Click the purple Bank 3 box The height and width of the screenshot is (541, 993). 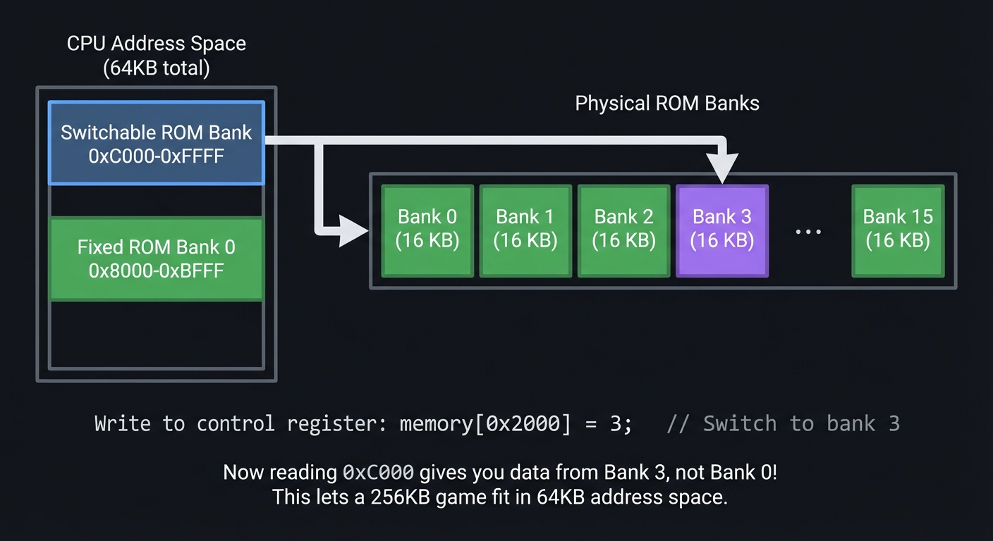coord(722,230)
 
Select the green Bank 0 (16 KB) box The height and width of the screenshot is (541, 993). coord(427,230)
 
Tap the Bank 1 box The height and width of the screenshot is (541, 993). coord(525,230)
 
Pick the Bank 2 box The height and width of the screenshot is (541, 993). coord(623,230)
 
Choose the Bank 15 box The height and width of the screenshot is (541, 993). coord(897,230)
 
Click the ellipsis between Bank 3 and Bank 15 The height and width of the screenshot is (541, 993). coord(808,232)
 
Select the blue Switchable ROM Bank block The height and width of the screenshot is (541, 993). coord(156,143)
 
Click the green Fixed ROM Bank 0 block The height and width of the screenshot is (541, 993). coord(156,259)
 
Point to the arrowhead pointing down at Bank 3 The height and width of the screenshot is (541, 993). coord(723,171)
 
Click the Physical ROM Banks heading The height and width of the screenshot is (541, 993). coord(667,104)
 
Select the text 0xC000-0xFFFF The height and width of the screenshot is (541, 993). coord(156,156)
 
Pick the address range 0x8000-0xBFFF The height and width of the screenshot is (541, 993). coord(156,270)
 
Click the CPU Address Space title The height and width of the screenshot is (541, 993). coord(156,44)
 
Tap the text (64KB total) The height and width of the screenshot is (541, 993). coord(156,68)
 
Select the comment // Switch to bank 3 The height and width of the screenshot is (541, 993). coord(783,424)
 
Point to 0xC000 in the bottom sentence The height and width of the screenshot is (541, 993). coord(378,472)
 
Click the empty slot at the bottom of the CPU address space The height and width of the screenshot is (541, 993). coord(156,335)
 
